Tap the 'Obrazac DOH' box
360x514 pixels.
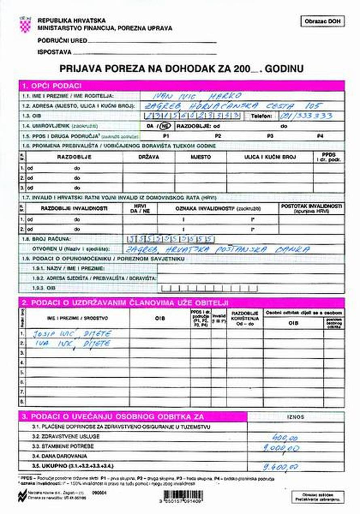(x=322, y=21)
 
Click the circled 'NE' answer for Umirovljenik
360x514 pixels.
(x=165, y=126)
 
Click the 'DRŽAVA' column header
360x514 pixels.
(x=148, y=157)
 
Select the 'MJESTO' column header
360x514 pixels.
(x=201, y=157)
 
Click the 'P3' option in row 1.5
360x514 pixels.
(x=270, y=136)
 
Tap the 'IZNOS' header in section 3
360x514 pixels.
(x=295, y=417)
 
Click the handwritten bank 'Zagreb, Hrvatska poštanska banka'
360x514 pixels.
(x=218, y=249)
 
